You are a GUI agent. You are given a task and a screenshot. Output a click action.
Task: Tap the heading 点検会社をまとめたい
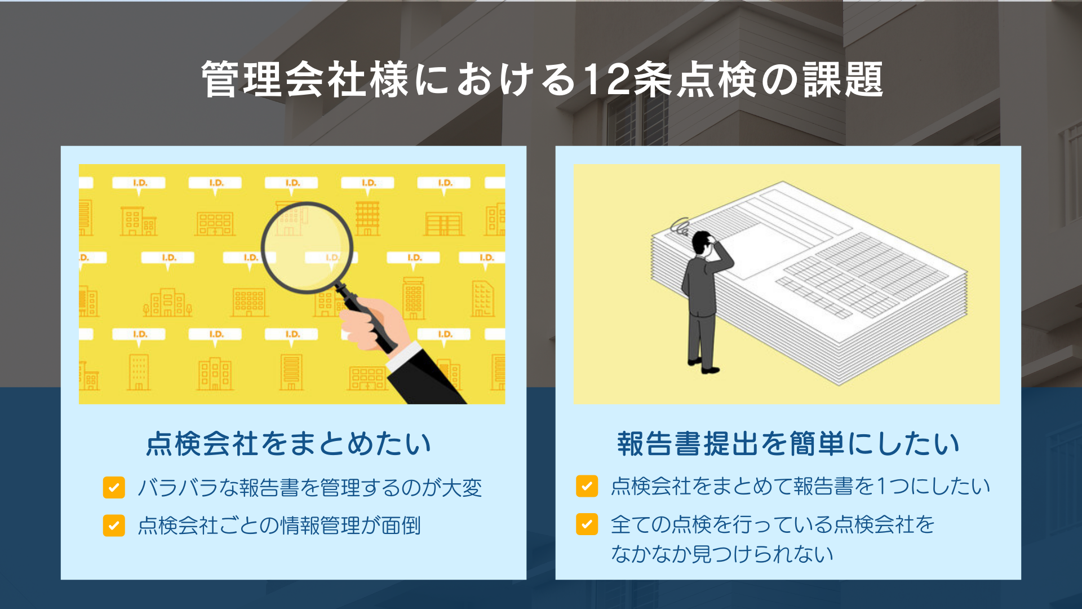[x=289, y=444]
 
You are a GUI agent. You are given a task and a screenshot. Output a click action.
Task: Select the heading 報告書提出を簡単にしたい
[x=788, y=444]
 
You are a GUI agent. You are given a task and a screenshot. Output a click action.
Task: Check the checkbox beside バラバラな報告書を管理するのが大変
[x=114, y=488]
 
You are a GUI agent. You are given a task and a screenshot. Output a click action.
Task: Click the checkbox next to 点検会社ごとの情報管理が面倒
[x=114, y=526]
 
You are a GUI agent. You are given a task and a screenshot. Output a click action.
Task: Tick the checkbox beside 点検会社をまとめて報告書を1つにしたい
[x=587, y=486]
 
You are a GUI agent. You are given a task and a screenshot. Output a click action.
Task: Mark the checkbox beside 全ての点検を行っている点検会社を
[x=587, y=524]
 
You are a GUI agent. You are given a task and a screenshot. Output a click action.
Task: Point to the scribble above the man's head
[x=680, y=226]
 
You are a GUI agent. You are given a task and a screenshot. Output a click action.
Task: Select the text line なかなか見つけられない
[x=722, y=554]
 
